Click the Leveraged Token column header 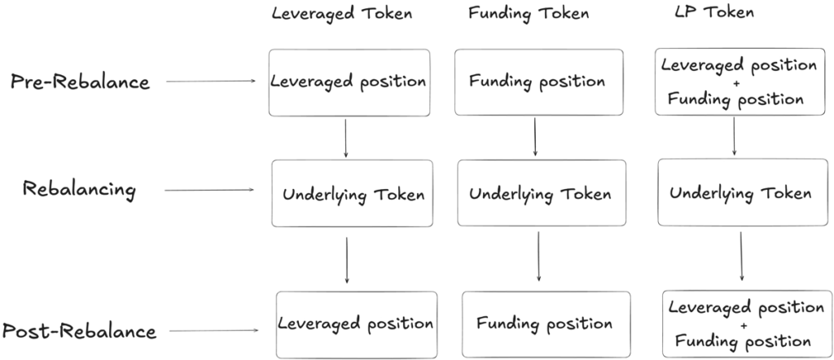[x=341, y=14]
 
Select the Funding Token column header [x=529, y=13]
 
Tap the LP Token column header [x=713, y=12]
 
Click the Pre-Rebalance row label [x=81, y=82]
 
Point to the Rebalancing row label [x=79, y=190]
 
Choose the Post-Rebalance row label [x=79, y=331]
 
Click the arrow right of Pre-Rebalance [x=211, y=81]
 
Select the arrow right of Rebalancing [x=209, y=190]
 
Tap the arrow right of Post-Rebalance [x=214, y=331]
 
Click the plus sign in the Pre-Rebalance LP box [x=736, y=83]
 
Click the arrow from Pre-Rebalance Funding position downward [x=534, y=137]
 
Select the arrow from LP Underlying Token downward [x=741, y=257]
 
